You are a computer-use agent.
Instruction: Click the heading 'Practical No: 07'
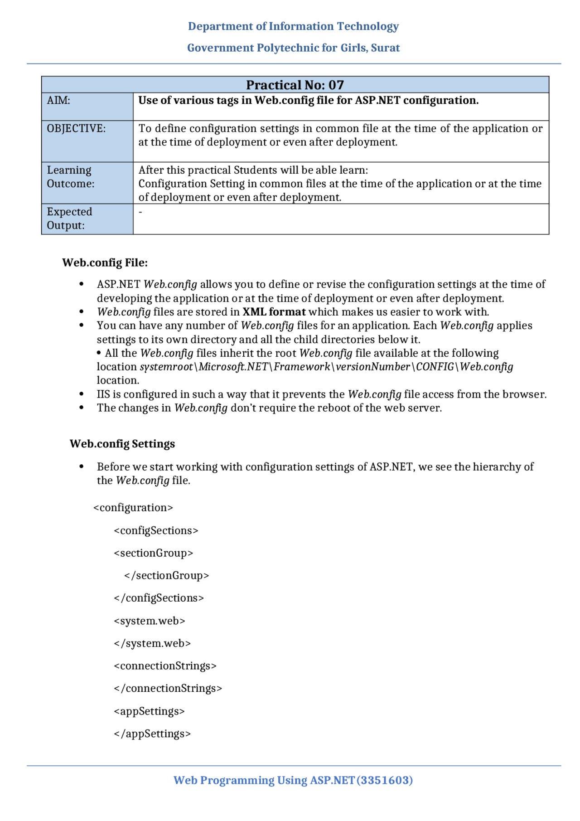pos(295,85)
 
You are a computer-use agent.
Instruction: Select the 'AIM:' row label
pos(58,100)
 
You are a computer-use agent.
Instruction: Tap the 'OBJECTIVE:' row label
pos(76,128)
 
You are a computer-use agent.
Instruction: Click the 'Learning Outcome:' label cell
pos(71,177)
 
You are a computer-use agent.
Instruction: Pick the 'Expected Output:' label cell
pos(69,218)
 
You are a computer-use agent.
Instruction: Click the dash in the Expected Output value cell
pos(140,212)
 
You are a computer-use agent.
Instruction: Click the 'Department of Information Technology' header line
pos(293,26)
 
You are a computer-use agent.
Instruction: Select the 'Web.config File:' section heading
pos(105,262)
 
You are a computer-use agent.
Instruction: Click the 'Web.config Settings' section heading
pos(122,443)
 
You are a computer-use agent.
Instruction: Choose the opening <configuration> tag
pos(133,507)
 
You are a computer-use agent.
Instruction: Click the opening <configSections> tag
pos(156,530)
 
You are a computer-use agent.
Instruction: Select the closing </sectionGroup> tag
pos(166,575)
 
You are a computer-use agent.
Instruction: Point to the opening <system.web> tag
pos(150,621)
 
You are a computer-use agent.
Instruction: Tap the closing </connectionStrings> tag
pos(168,688)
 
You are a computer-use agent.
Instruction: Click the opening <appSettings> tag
pos(149,711)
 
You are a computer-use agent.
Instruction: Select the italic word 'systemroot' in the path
pos(166,367)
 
